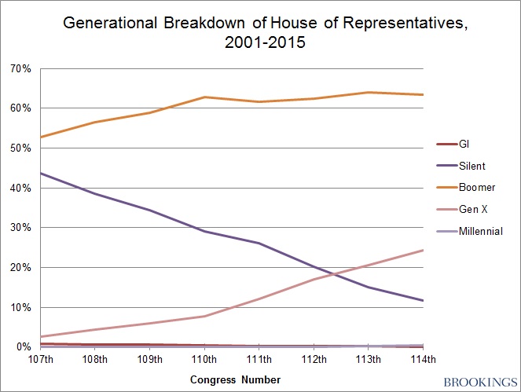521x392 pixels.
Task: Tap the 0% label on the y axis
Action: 23,346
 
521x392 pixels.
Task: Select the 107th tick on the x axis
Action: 41,360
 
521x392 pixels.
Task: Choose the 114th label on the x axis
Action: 424,360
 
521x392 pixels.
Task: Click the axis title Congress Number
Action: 235,379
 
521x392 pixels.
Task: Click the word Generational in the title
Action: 108,26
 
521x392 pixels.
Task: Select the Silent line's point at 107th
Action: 41,173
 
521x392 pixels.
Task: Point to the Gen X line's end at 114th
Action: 424,250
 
